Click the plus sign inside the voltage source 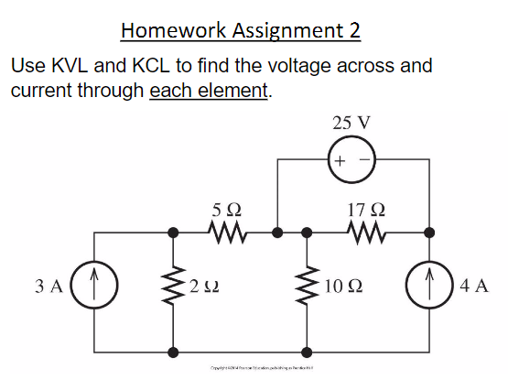(x=340, y=161)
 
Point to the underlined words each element (x=210, y=91)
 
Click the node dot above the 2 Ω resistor (x=173, y=233)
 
